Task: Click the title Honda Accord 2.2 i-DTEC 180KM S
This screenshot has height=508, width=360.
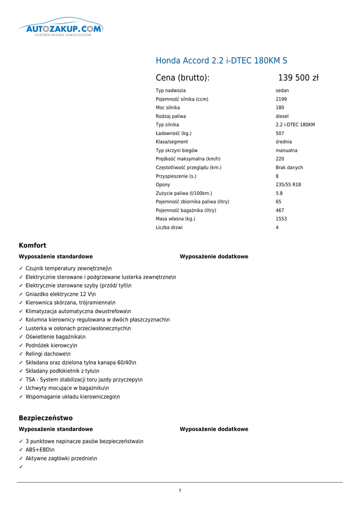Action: [221, 61]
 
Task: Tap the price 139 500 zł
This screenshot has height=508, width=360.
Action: [298, 78]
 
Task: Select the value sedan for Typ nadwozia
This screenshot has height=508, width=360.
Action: [282, 91]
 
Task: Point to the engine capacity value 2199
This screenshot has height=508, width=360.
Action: [281, 99]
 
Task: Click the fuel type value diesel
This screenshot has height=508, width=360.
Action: [282, 117]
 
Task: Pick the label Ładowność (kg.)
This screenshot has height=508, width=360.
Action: [173, 133]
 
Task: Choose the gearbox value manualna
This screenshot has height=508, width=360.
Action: [287, 150]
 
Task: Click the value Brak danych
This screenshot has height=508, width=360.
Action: [289, 168]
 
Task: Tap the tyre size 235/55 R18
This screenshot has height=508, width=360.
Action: [288, 185]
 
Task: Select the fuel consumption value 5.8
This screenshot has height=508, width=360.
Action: [279, 193]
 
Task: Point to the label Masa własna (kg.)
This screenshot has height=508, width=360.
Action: [175, 219]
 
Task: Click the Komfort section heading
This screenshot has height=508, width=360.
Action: [32, 246]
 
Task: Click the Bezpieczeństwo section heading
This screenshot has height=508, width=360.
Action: [46, 418]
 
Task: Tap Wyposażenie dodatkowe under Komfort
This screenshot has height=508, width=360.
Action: [214, 257]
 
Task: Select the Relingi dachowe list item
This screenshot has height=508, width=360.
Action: [48, 354]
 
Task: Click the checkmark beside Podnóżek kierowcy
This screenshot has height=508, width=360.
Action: [21, 345]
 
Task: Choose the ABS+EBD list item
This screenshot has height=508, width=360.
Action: [40, 450]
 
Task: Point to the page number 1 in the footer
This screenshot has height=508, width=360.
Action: [180, 491]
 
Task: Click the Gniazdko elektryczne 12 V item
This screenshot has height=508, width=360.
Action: [60, 294]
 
